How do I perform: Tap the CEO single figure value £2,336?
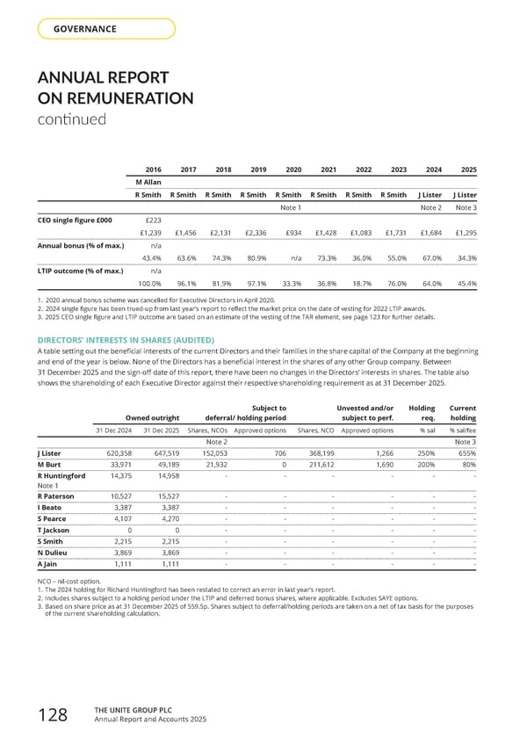click(x=253, y=233)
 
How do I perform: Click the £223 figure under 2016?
click(x=149, y=220)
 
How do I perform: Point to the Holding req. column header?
click(x=422, y=413)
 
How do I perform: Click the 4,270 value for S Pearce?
click(x=168, y=517)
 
